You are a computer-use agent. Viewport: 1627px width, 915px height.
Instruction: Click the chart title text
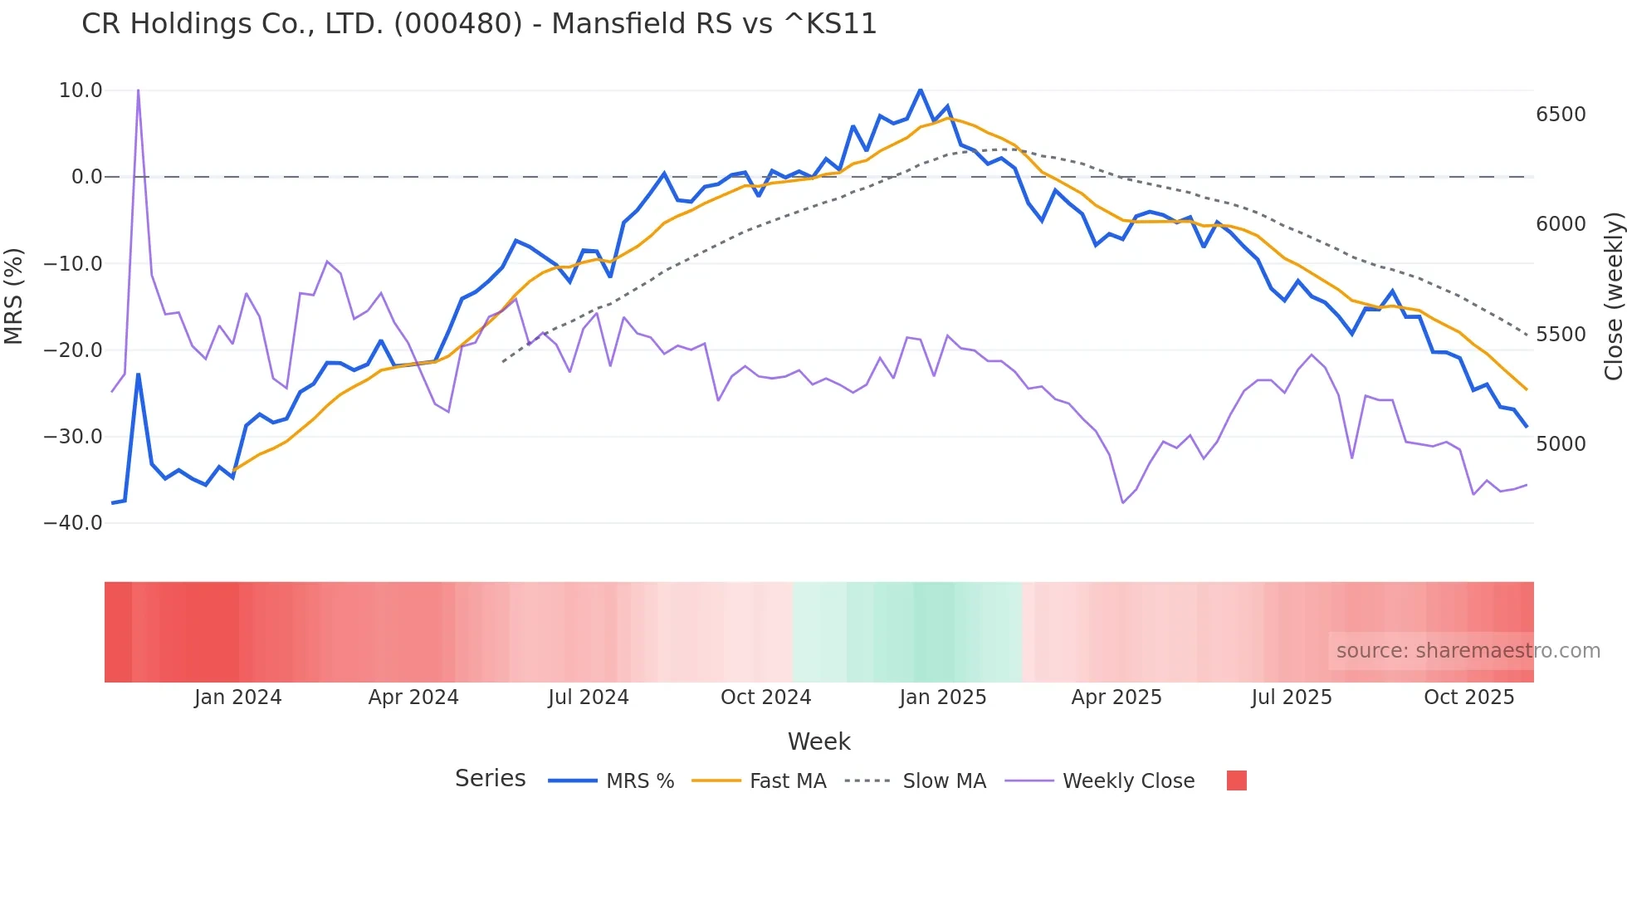(x=479, y=24)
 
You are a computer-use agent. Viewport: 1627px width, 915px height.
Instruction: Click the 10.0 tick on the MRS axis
(x=81, y=91)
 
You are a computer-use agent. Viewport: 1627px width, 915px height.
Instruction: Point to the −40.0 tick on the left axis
(x=73, y=523)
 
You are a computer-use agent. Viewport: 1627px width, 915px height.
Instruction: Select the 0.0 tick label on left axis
(x=86, y=177)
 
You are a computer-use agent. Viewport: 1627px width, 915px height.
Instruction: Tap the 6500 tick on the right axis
(x=1561, y=115)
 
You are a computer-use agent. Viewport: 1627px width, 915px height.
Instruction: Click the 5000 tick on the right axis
(x=1561, y=444)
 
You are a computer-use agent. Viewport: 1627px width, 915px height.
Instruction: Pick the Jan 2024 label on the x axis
(x=238, y=697)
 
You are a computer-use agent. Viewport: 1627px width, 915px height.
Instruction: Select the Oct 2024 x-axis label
(x=765, y=697)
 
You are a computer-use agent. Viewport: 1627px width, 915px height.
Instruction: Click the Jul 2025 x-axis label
(x=1291, y=697)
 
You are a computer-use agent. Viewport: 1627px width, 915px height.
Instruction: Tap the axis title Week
(x=818, y=741)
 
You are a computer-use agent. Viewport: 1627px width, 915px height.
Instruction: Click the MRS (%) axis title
(x=14, y=296)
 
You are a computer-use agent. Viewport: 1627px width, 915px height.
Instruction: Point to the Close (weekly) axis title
(x=1613, y=296)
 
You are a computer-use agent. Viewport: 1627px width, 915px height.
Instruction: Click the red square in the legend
(x=1236, y=780)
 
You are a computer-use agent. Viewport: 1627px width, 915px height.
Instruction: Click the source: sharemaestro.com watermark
(x=1468, y=651)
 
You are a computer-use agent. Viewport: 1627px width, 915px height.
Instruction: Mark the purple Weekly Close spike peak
(x=138, y=90)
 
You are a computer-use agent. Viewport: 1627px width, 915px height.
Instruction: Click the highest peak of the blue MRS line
(x=920, y=90)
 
